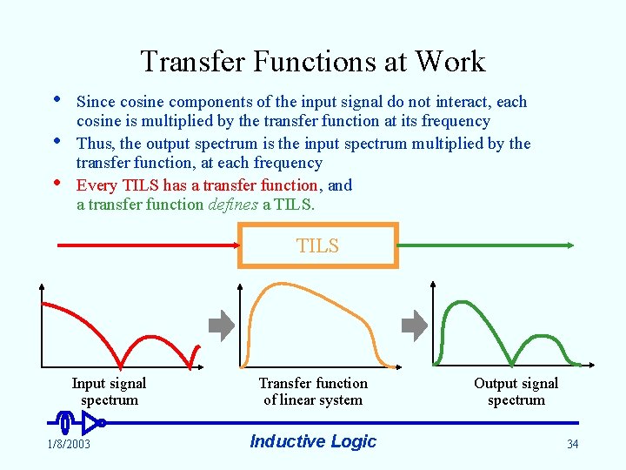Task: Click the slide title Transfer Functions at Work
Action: click(x=312, y=62)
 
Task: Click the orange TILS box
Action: click(x=318, y=245)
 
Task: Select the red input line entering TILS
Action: click(x=148, y=245)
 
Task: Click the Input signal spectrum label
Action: click(x=109, y=392)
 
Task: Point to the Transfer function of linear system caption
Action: click(x=313, y=392)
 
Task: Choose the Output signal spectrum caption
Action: click(x=516, y=392)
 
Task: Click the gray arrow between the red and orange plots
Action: click(x=223, y=326)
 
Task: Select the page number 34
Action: click(x=572, y=444)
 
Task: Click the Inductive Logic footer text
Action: click(x=313, y=441)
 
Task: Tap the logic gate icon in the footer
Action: click(x=82, y=423)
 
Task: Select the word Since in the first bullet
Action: click(x=96, y=102)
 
